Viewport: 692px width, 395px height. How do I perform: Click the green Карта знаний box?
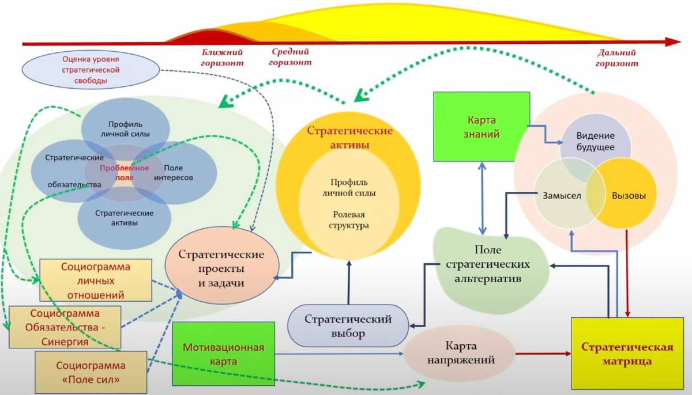point(482,127)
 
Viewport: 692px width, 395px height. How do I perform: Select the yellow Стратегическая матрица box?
point(627,353)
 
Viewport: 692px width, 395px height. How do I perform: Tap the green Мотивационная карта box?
point(223,354)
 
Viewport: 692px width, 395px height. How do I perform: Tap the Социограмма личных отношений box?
point(95,280)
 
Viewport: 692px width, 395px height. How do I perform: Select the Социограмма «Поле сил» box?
point(91,372)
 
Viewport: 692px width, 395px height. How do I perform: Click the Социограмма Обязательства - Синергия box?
point(65,327)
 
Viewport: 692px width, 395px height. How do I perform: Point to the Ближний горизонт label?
point(222,58)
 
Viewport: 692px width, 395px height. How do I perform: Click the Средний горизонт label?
point(291,56)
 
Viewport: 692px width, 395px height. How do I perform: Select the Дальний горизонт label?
point(616,58)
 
